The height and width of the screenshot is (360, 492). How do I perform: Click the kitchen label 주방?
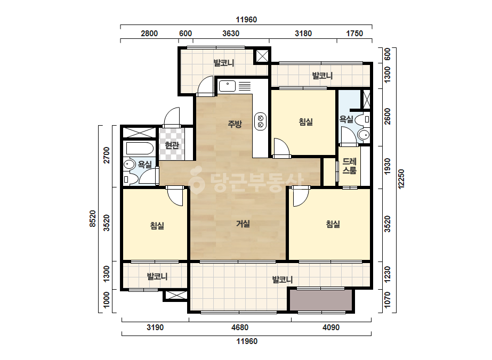pos(235,124)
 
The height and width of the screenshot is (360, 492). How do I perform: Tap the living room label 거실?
pos(243,224)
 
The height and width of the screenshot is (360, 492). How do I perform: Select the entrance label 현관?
pos(172,145)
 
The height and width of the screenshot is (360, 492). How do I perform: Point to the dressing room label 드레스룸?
pos(349,166)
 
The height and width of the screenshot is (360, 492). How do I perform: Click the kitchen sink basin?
pos(227,86)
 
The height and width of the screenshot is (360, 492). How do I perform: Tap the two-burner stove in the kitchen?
pos(260,121)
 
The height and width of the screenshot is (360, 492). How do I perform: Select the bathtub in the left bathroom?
pos(140,149)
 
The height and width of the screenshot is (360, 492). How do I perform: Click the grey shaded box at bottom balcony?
pos(321,300)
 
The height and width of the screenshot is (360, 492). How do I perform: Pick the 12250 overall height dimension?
pos(401,179)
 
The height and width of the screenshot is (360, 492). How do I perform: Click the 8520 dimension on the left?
pos(93,218)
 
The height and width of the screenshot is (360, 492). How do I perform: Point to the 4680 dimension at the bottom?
pos(240,328)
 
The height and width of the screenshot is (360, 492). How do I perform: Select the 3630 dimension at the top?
pos(231,34)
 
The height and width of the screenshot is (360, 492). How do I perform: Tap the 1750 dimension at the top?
pos(354,34)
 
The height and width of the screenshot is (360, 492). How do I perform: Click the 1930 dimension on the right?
pos(388,167)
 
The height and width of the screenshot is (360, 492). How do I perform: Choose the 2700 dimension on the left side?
pos(107,155)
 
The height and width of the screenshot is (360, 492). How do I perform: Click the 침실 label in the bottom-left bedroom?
pos(157,225)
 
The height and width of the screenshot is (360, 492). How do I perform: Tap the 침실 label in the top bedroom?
pos(306,121)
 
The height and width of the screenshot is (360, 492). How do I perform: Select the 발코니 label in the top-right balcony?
pos(322,76)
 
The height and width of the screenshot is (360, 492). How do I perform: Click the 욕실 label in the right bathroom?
pos(346,119)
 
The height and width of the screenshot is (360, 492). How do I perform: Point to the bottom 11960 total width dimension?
pos(247,341)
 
